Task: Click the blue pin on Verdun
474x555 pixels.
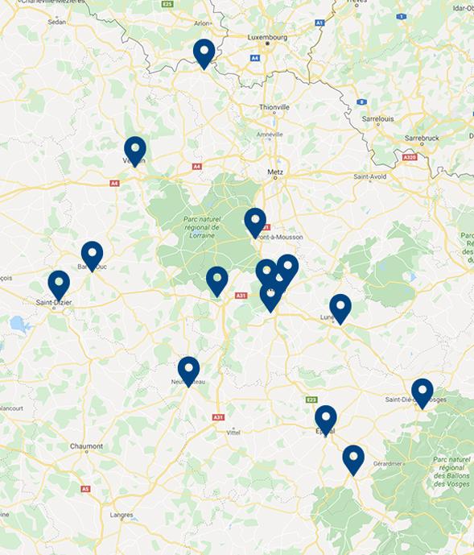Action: click(135, 150)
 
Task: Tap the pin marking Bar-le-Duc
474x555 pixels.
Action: click(92, 255)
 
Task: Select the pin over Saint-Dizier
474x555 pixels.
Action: click(59, 284)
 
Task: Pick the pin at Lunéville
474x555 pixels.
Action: click(340, 307)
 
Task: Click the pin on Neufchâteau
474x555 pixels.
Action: click(188, 370)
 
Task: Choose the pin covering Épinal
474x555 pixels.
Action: click(325, 418)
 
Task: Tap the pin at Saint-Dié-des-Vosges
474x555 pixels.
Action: click(422, 391)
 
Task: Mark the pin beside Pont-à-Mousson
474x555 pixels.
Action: click(255, 221)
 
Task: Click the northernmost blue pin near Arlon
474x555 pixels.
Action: click(204, 52)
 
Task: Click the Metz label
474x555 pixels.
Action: click(275, 172)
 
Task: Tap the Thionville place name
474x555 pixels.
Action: click(274, 106)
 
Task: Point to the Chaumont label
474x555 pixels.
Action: click(86, 446)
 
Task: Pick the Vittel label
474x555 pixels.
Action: click(233, 433)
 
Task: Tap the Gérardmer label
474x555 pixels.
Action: click(388, 464)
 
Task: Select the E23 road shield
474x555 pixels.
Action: click(311, 400)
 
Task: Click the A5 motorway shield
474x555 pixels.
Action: click(85, 489)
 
